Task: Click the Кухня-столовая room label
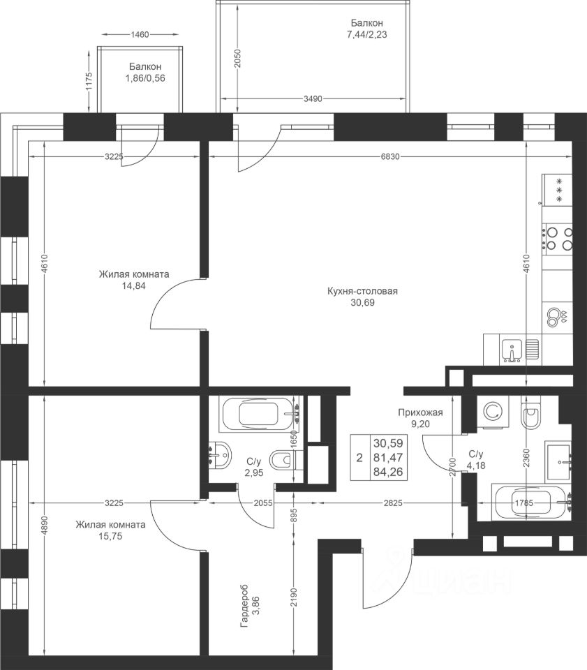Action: click(362, 291)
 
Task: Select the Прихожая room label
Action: click(419, 412)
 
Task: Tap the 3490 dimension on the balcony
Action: click(312, 98)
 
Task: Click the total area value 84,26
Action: click(388, 472)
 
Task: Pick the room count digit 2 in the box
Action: click(359, 458)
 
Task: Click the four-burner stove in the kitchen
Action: click(558, 239)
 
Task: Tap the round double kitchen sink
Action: click(556, 318)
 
